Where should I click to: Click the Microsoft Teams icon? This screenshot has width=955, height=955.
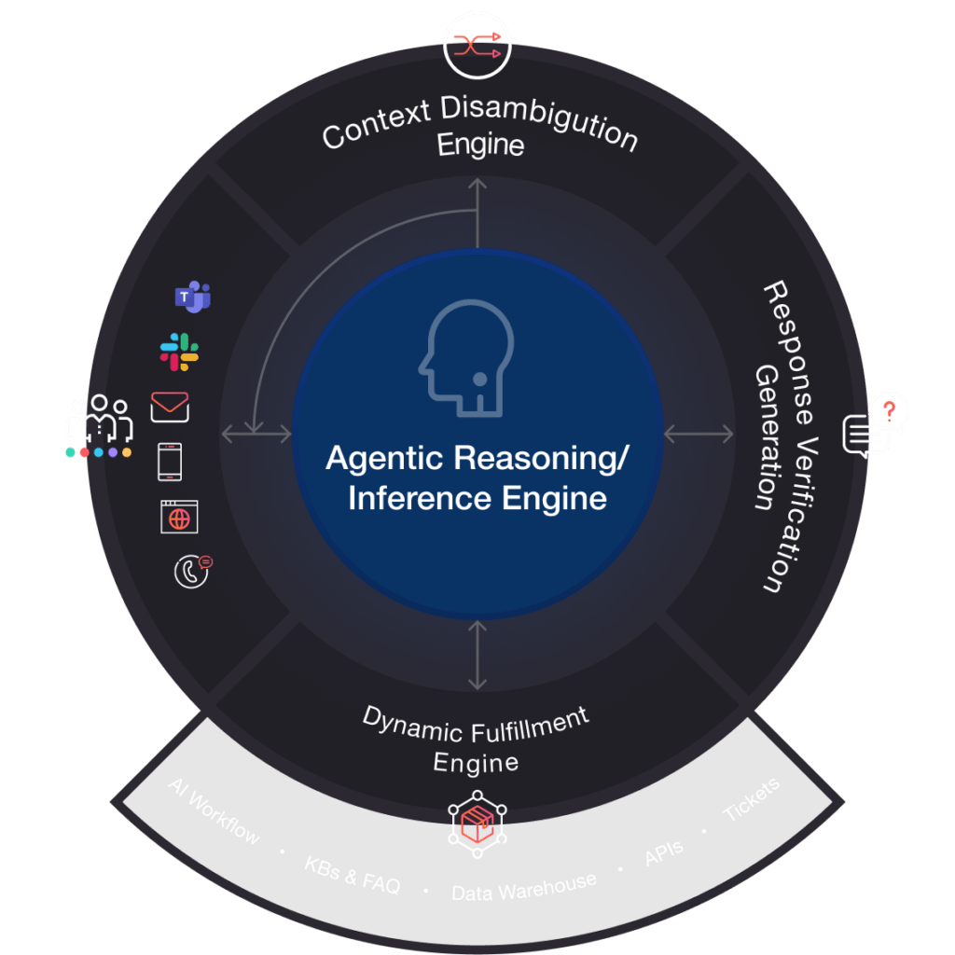click(192, 298)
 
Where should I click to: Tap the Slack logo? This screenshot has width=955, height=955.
click(179, 352)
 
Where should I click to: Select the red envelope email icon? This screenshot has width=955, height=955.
click(170, 407)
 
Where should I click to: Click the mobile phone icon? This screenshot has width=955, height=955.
click(170, 461)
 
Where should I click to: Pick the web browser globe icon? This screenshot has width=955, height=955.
click(179, 517)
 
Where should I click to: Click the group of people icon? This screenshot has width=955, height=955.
click(99, 422)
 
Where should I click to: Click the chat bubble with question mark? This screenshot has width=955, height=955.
click(876, 425)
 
